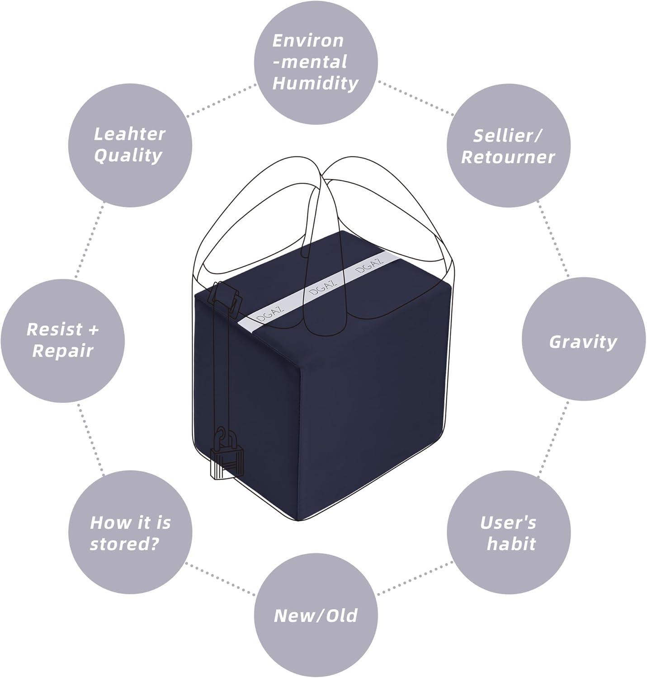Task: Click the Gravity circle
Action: click(584, 339)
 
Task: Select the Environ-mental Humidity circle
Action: click(316, 62)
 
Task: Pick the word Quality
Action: click(128, 155)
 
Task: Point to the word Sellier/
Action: click(507, 136)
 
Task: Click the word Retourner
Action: click(508, 157)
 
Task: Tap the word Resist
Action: click(54, 330)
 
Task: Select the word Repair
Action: click(63, 351)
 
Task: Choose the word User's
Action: click(508, 523)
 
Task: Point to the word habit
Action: click(511, 544)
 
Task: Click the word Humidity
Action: click(316, 84)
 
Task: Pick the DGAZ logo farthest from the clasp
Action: click(369, 265)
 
